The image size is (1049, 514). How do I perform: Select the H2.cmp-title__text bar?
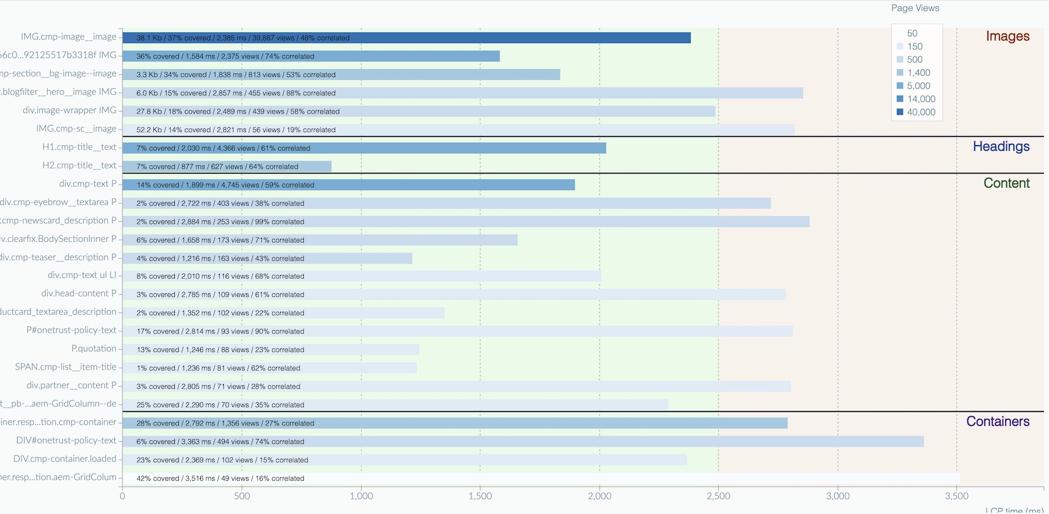point(227,167)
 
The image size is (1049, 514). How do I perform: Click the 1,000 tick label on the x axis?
point(361,496)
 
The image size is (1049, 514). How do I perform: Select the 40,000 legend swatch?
point(900,112)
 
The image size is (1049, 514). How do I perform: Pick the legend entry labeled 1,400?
point(918,73)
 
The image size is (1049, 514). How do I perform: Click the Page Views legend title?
point(915,8)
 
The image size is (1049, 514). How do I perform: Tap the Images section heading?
point(1008,36)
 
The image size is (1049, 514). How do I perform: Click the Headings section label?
point(1001,146)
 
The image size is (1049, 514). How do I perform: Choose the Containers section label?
point(998,421)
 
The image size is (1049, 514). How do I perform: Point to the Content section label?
point(1006,183)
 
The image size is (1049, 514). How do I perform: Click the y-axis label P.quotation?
point(94,348)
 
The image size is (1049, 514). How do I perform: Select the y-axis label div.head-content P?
point(79,294)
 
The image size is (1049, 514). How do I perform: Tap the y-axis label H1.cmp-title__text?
point(79,147)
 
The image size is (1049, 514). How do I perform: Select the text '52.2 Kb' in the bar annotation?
point(149,130)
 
